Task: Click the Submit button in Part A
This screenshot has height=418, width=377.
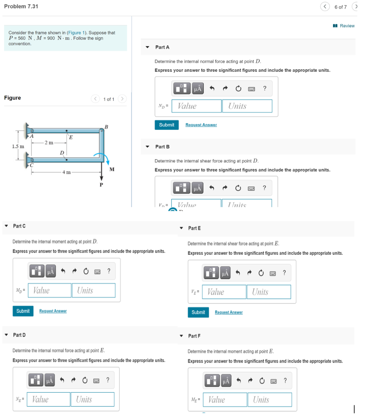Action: (x=167, y=125)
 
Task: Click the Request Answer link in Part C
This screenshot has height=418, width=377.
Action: (x=53, y=311)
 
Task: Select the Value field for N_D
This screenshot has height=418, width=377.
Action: (x=196, y=106)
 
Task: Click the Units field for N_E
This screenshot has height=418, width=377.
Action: (x=92, y=400)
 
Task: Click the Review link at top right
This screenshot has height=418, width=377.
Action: (x=347, y=26)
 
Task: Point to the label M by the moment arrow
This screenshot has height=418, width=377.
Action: (x=112, y=169)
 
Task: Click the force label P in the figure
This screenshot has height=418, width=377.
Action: (x=102, y=185)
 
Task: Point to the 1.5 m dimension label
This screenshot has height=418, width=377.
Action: (x=18, y=146)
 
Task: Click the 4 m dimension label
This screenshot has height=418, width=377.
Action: (x=67, y=172)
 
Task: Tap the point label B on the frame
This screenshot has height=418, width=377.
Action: (x=107, y=127)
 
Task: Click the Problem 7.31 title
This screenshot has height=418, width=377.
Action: (x=21, y=7)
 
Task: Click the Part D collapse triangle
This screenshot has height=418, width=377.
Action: (x=6, y=335)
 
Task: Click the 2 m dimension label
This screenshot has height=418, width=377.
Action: (x=49, y=142)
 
